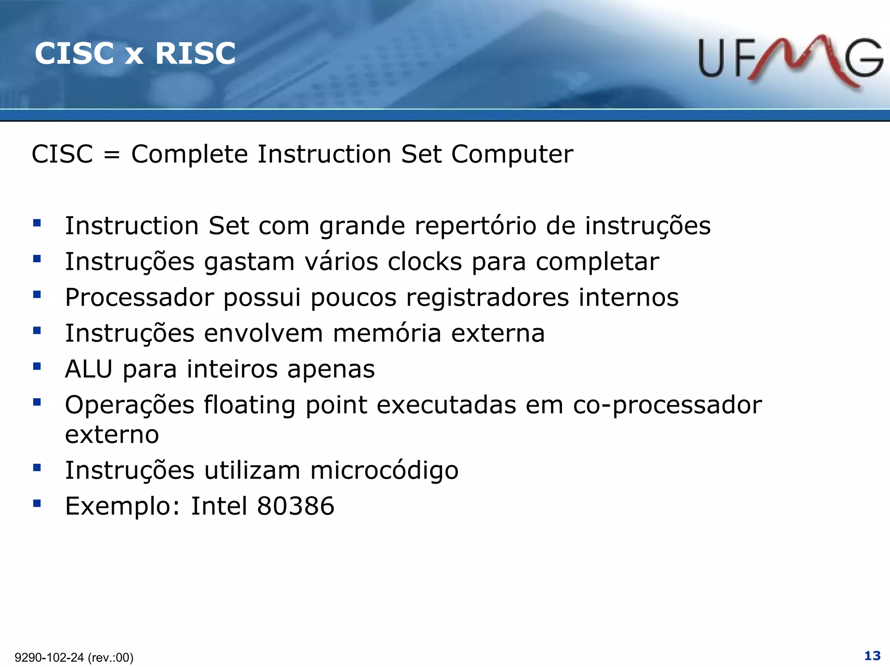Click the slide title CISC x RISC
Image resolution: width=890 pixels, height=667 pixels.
(x=135, y=53)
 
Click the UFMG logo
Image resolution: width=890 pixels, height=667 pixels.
(x=790, y=61)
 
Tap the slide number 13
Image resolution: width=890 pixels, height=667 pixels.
(x=872, y=655)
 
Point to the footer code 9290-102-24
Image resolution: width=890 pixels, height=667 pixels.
(x=49, y=657)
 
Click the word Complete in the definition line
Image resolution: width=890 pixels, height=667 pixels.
(x=189, y=155)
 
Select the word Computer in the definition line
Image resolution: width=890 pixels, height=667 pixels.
(x=512, y=155)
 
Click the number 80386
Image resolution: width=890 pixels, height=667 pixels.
(x=296, y=506)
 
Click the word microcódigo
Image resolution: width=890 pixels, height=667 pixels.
(x=384, y=471)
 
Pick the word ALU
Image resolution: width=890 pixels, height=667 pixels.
(x=89, y=369)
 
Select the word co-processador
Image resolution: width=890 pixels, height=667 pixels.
(x=667, y=406)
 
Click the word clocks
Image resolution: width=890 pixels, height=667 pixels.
(x=425, y=262)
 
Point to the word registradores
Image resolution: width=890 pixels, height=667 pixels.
(x=488, y=298)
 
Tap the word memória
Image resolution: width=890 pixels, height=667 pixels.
(x=387, y=333)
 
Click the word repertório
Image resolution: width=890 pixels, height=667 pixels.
(x=475, y=226)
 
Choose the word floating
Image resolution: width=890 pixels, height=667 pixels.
(x=250, y=406)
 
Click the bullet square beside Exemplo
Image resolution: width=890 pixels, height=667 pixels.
(x=37, y=504)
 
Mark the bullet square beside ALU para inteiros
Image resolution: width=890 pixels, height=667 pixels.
(x=37, y=367)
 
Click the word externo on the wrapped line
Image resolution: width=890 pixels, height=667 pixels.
(x=112, y=435)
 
